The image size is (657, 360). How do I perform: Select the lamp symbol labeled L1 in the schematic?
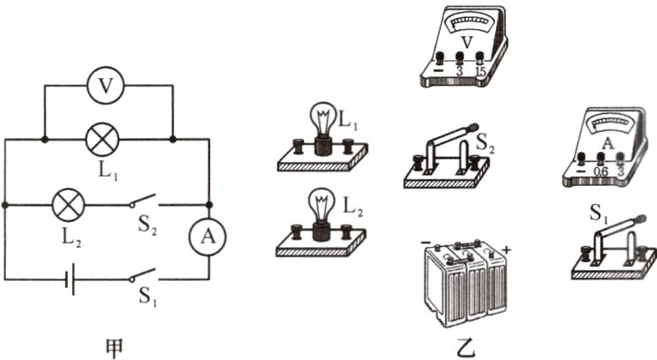coord(107,138)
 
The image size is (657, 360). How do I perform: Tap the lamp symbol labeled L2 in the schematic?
coord(66,205)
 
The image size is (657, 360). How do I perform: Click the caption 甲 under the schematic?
coord(112,346)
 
